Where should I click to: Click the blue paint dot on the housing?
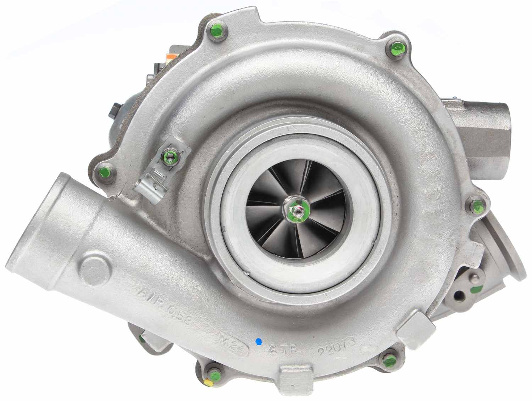(259, 341)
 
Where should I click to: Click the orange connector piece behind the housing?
(171, 56)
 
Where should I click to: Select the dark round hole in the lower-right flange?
(460, 295)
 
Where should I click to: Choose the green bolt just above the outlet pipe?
(105, 173)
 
